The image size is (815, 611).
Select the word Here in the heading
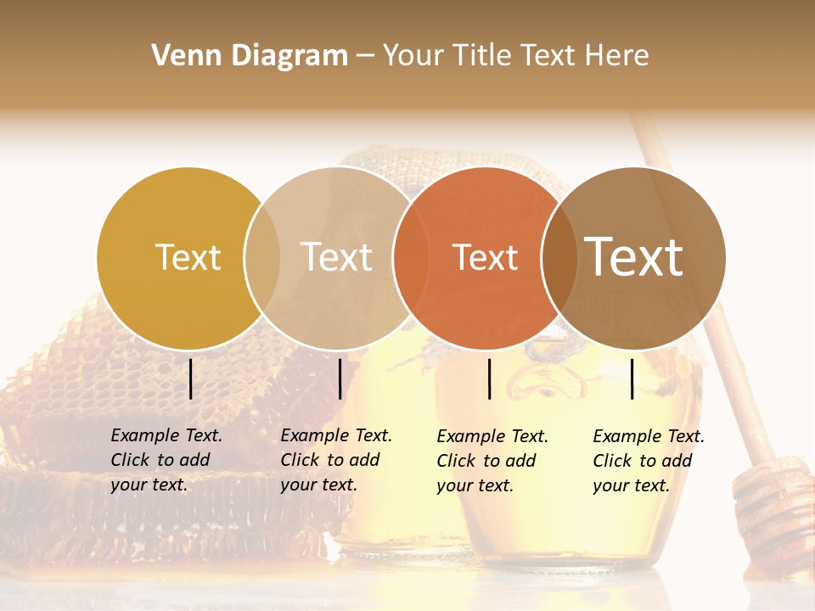[x=617, y=56]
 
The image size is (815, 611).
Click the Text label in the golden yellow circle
[x=188, y=257]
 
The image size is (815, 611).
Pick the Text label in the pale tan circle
[x=336, y=257]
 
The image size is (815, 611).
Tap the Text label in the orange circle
[x=485, y=257]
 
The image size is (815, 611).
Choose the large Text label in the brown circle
[x=634, y=257]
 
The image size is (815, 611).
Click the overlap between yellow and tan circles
[x=262, y=258]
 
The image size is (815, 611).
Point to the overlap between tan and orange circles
[x=410, y=258]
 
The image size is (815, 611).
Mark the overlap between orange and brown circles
[x=558, y=258]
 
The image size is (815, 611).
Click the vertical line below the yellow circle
[x=190, y=378]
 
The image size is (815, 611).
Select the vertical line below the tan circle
[x=340, y=378]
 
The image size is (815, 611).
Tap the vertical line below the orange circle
[x=490, y=378]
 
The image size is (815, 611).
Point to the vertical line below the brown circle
[x=632, y=378]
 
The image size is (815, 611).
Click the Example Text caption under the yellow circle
[x=166, y=460]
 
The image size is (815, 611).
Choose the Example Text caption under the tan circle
[x=335, y=460]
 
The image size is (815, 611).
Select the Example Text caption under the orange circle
[x=492, y=461]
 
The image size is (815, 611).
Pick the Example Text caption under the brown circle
[x=648, y=461]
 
